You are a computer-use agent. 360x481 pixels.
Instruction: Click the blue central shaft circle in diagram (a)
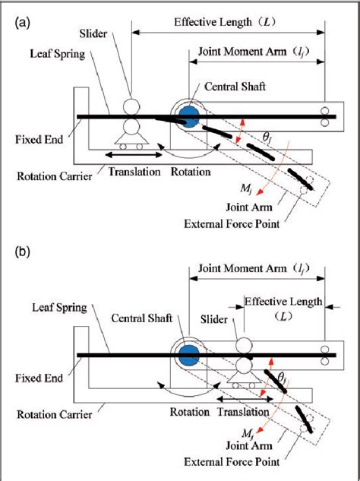[x=188, y=116]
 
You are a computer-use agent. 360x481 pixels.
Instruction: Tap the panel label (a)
[x=22, y=22]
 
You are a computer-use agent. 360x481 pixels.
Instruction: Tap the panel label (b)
[x=22, y=252]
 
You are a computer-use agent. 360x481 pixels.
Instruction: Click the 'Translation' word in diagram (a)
[x=134, y=172]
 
